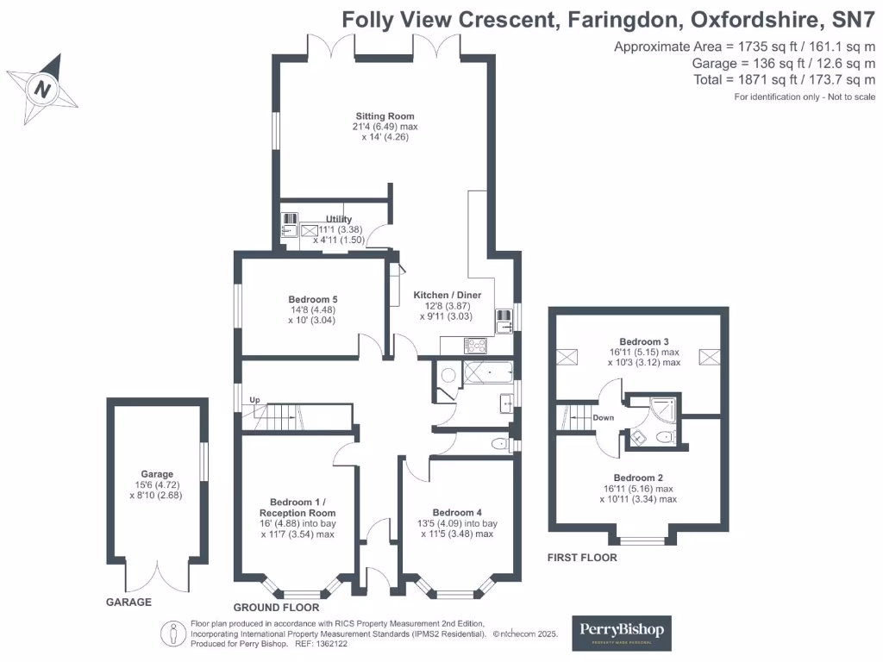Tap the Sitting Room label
[385, 116]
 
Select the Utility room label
[339, 220]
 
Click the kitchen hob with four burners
[476, 346]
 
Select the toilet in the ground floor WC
[498, 445]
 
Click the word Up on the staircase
[254, 401]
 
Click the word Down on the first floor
[604, 417]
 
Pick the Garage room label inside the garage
[158, 474]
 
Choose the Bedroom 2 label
[638, 478]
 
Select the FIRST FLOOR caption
[582, 558]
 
